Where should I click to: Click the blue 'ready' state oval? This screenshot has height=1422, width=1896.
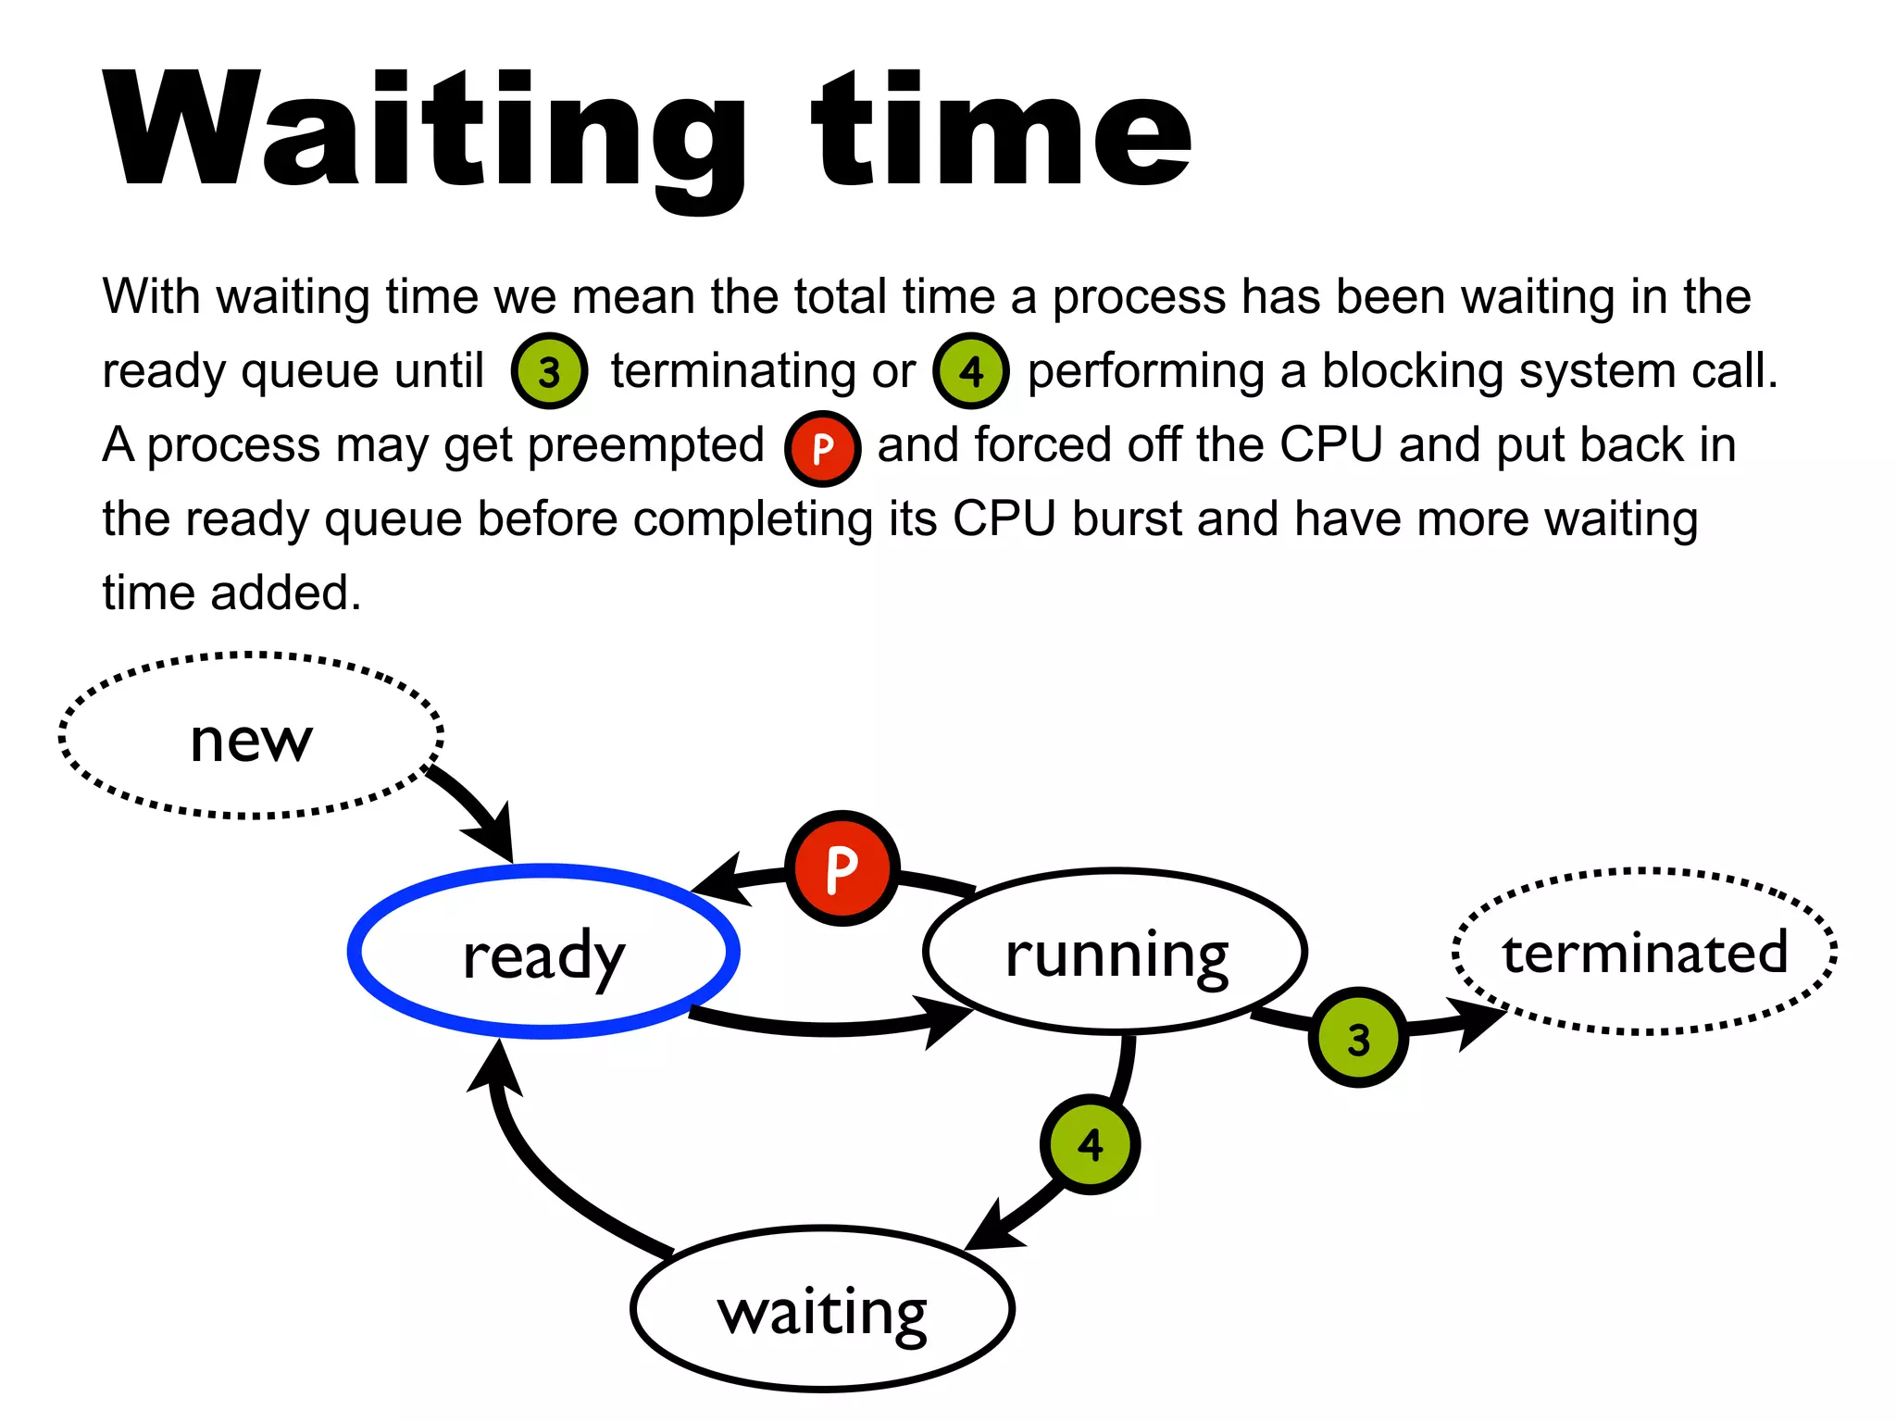click(x=543, y=952)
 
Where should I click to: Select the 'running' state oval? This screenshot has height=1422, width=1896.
click(x=1116, y=952)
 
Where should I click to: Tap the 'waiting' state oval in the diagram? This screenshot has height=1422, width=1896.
click(x=822, y=1309)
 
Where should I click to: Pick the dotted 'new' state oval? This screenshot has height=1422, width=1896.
click(x=251, y=737)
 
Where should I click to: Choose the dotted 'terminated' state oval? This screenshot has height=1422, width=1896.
click(x=1644, y=952)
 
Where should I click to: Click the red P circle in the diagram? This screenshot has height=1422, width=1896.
click(x=842, y=868)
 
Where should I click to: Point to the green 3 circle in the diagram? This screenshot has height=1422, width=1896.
click(x=1358, y=1038)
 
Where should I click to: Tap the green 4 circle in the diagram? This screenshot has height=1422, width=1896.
click(x=1091, y=1144)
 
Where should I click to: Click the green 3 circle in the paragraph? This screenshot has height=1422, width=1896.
click(x=549, y=371)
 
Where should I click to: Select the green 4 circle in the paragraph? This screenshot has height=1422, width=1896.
click(x=971, y=371)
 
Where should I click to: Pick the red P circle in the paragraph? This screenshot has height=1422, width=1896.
click(x=822, y=448)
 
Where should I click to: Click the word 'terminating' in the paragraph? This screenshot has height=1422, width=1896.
click(x=732, y=371)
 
